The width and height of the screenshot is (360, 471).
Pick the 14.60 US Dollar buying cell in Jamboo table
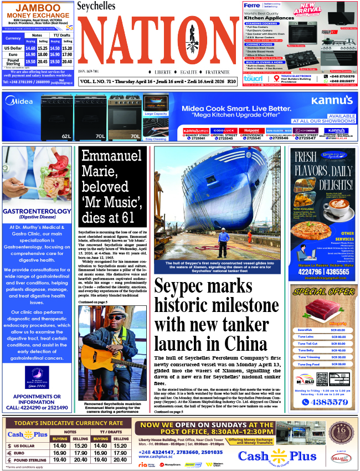pyautogui.click(x=30, y=48)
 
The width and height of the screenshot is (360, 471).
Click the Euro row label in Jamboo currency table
pyautogui.click(x=13, y=55)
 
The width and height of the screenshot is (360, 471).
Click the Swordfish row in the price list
pyautogui.click(x=322, y=330)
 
